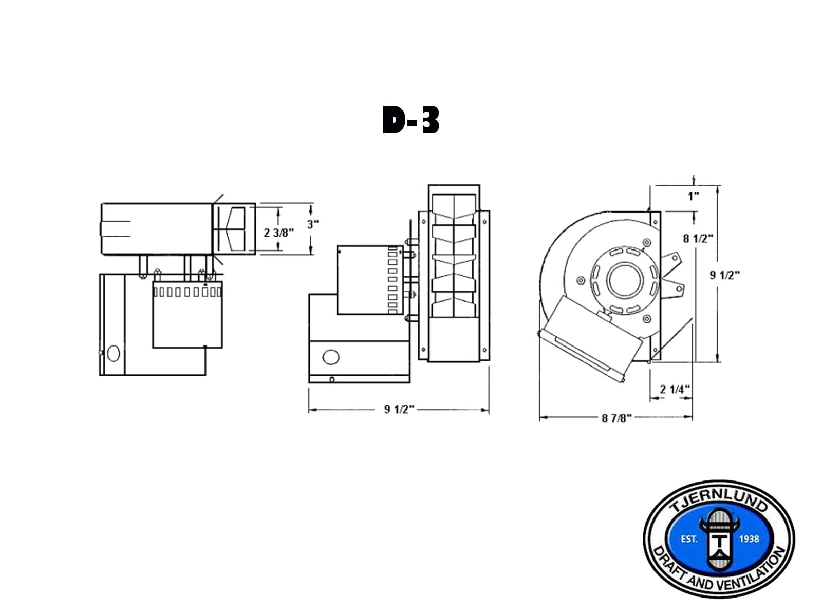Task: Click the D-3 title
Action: tap(411, 121)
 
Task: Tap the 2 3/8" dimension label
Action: tap(278, 233)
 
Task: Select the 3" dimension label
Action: tap(313, 224)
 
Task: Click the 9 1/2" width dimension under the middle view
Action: tap(399, 409)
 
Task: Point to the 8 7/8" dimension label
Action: tap(616, 418)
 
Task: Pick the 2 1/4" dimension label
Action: tap(675, 389)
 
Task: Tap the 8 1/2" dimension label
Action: tap(698, 238)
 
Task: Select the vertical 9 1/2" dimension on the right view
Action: tap(724, 275)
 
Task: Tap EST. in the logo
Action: tap(688, 539)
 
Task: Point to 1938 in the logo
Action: tap(749, 539)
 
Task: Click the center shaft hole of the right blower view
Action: tap(624, 280)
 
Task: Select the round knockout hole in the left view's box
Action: tap(114, 353)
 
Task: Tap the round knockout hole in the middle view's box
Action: tap(331, 357)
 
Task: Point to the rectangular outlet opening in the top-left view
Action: tap(234, 228)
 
